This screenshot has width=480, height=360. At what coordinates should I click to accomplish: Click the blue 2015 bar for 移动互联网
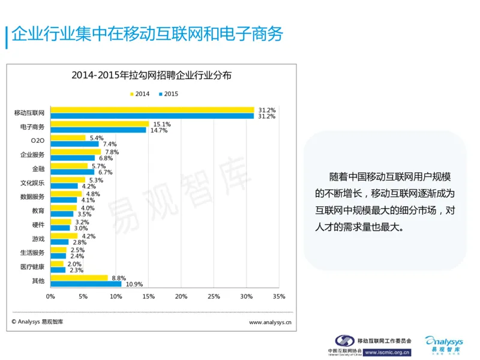click(152, 116)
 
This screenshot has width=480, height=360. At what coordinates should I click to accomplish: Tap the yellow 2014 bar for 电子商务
click(100, 124)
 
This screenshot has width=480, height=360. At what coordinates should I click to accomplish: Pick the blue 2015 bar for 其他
click(86, 283)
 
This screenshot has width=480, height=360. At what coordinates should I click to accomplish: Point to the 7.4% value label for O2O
click(109, 144)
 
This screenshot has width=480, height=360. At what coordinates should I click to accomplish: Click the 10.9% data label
click(133, 284)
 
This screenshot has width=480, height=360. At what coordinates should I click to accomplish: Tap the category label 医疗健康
click(32, 266)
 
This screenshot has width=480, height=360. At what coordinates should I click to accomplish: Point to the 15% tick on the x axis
click(148, 296)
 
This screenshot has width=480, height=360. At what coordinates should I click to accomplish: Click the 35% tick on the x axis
click(279, 296)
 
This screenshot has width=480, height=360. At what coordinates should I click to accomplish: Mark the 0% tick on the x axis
click(50, 296)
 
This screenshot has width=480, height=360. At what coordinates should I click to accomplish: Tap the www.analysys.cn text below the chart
click(270, 322)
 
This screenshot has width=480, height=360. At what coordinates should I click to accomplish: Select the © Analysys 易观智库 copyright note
click(37, 322)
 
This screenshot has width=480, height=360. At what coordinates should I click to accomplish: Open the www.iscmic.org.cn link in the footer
click(387, 352)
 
